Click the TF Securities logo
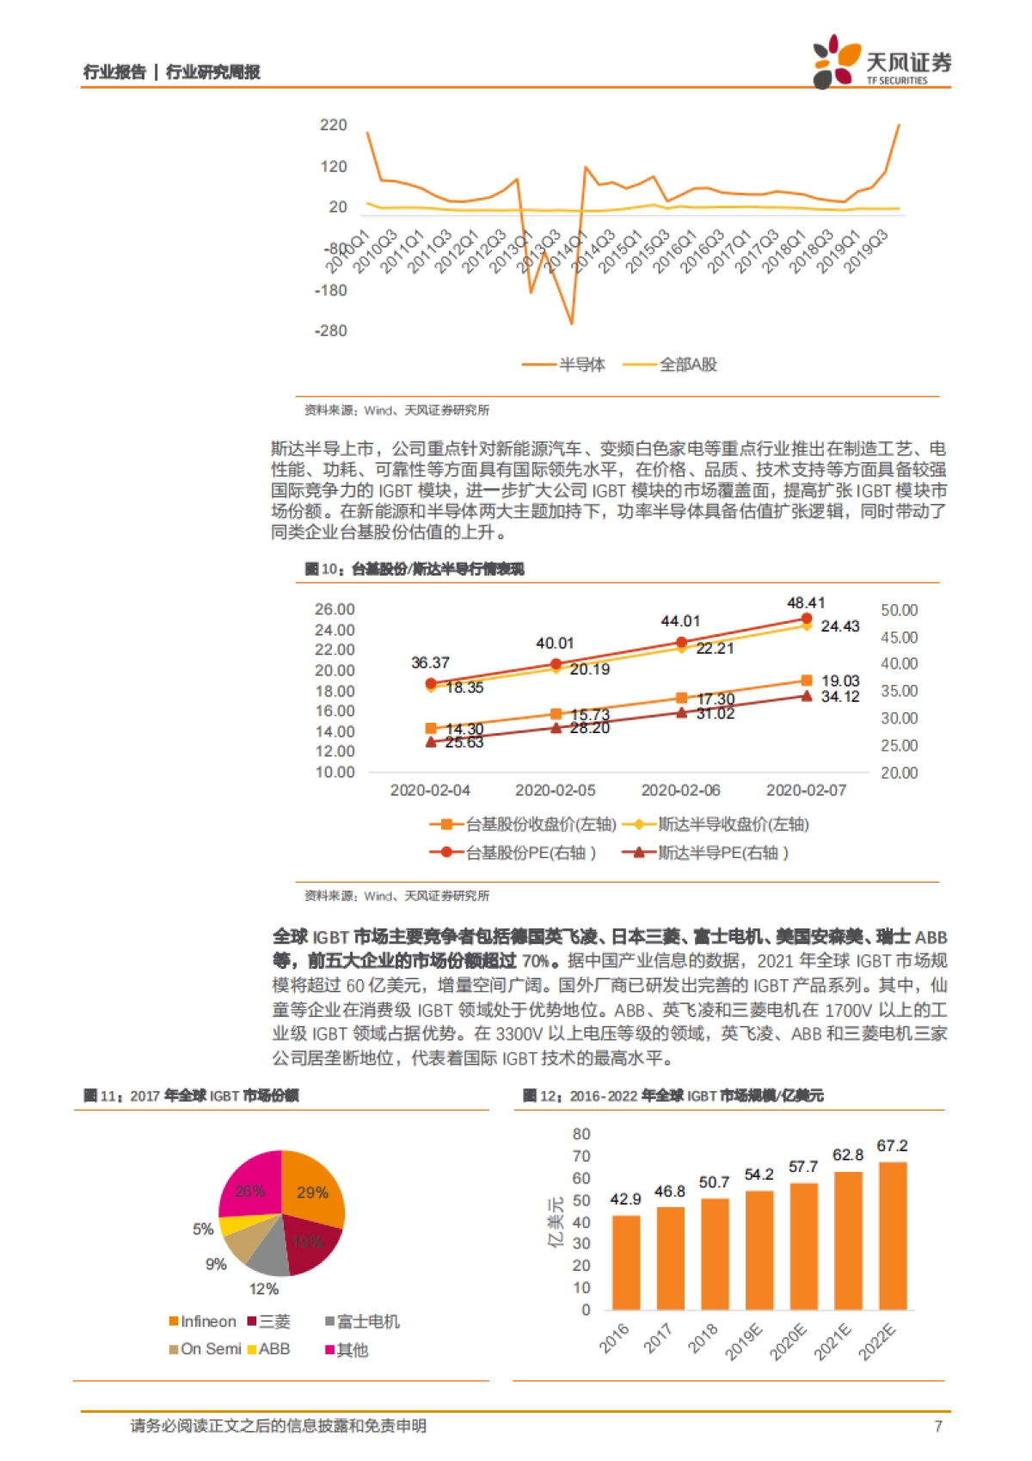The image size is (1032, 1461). click(x=881, y=62)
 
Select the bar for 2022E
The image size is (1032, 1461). click(x=892, y=1236)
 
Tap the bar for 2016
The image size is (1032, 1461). click(x=625, y=1262)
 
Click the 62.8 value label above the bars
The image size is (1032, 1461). click(x=847, y=1155)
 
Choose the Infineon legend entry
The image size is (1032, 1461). click(x=203, y=1322)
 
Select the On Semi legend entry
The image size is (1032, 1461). click(x=205, y=1349)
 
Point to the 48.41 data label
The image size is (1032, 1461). click(x=806, y=603)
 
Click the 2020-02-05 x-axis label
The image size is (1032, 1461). click(x=555, y=790)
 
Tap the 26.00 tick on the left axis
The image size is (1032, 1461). click(x=335, y=609)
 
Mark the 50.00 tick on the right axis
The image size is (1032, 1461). click(x=899, y=610)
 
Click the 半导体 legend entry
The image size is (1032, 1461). click(x=564, y=365)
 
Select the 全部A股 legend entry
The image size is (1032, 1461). click(x=670, y=365)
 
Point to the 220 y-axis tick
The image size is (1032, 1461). click(x=333, y=126)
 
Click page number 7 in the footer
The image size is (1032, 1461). click(x=938, y=1427)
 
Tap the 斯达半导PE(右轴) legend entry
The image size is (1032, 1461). click(x=705, y=853)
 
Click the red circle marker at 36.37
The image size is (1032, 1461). click(x=431, y=683)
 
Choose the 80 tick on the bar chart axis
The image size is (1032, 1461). click(x=581, y=1134)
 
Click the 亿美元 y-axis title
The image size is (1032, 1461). click(x=556, y=1222)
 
